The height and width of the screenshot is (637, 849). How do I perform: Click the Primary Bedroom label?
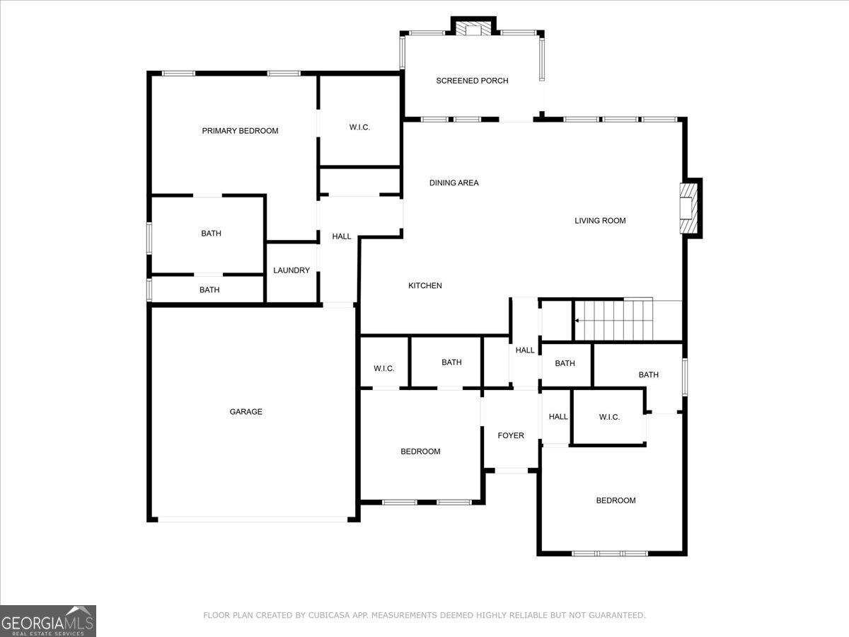tap(240, 131)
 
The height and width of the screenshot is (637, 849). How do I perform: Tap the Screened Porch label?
tap(472, 81)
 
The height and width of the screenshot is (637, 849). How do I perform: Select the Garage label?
tap(246, 412)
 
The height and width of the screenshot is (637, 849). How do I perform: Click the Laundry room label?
tap(291, 270)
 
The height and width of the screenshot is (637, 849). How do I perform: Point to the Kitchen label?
tap(425, 286)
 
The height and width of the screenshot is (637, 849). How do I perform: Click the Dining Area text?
tap(454, 183)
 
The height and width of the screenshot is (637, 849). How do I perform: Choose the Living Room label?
tap(600, 221)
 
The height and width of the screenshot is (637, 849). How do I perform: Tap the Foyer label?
tap(511, 436)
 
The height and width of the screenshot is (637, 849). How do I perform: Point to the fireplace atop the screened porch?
tap(473, 29)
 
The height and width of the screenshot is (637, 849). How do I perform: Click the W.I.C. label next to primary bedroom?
tap(359, 127)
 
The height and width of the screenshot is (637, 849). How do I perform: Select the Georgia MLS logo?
tap(48, 621)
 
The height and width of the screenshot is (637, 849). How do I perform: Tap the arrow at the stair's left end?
tap(577, 321)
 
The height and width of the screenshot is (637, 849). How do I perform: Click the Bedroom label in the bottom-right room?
tap(616, 501)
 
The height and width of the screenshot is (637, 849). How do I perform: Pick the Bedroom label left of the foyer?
tap(420, 452)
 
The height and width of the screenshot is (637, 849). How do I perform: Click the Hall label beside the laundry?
tap(342, 236)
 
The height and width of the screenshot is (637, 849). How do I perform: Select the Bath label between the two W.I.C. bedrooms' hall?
tap(565, 364)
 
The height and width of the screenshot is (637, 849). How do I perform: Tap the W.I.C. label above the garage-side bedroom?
tap(384, 369)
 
